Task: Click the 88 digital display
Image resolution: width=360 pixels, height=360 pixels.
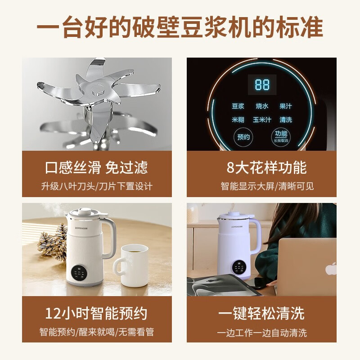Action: pos(262,85)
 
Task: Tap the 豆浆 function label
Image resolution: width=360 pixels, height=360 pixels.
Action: pos(238,107)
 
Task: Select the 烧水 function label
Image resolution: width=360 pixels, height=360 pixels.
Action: pos(262,107)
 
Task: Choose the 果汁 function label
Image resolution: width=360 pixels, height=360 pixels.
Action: pos(285,107)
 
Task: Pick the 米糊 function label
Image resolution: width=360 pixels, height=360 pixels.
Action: pos(238,120)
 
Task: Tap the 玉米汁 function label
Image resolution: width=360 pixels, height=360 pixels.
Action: pos(262,120)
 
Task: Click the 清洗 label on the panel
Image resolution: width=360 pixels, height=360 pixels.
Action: pos(285,120)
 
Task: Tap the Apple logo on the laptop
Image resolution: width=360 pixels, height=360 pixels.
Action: pos(331,269)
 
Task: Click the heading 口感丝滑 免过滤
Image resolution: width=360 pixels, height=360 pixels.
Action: pos(96,168)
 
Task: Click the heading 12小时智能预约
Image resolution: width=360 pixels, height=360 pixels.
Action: pos(96,313)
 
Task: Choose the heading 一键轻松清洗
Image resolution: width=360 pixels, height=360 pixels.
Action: pos(261,313)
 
